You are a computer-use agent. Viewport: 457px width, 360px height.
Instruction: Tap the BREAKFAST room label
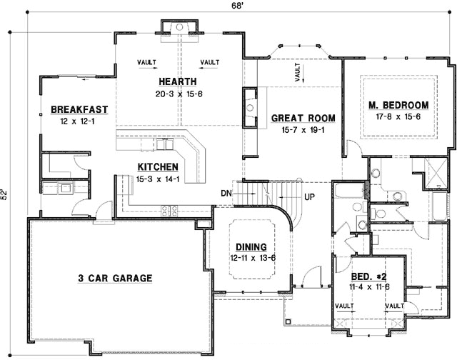click(79, 109)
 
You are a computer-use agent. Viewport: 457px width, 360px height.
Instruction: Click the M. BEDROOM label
click(399, 104)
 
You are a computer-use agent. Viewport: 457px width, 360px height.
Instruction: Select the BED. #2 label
click(368, 275)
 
